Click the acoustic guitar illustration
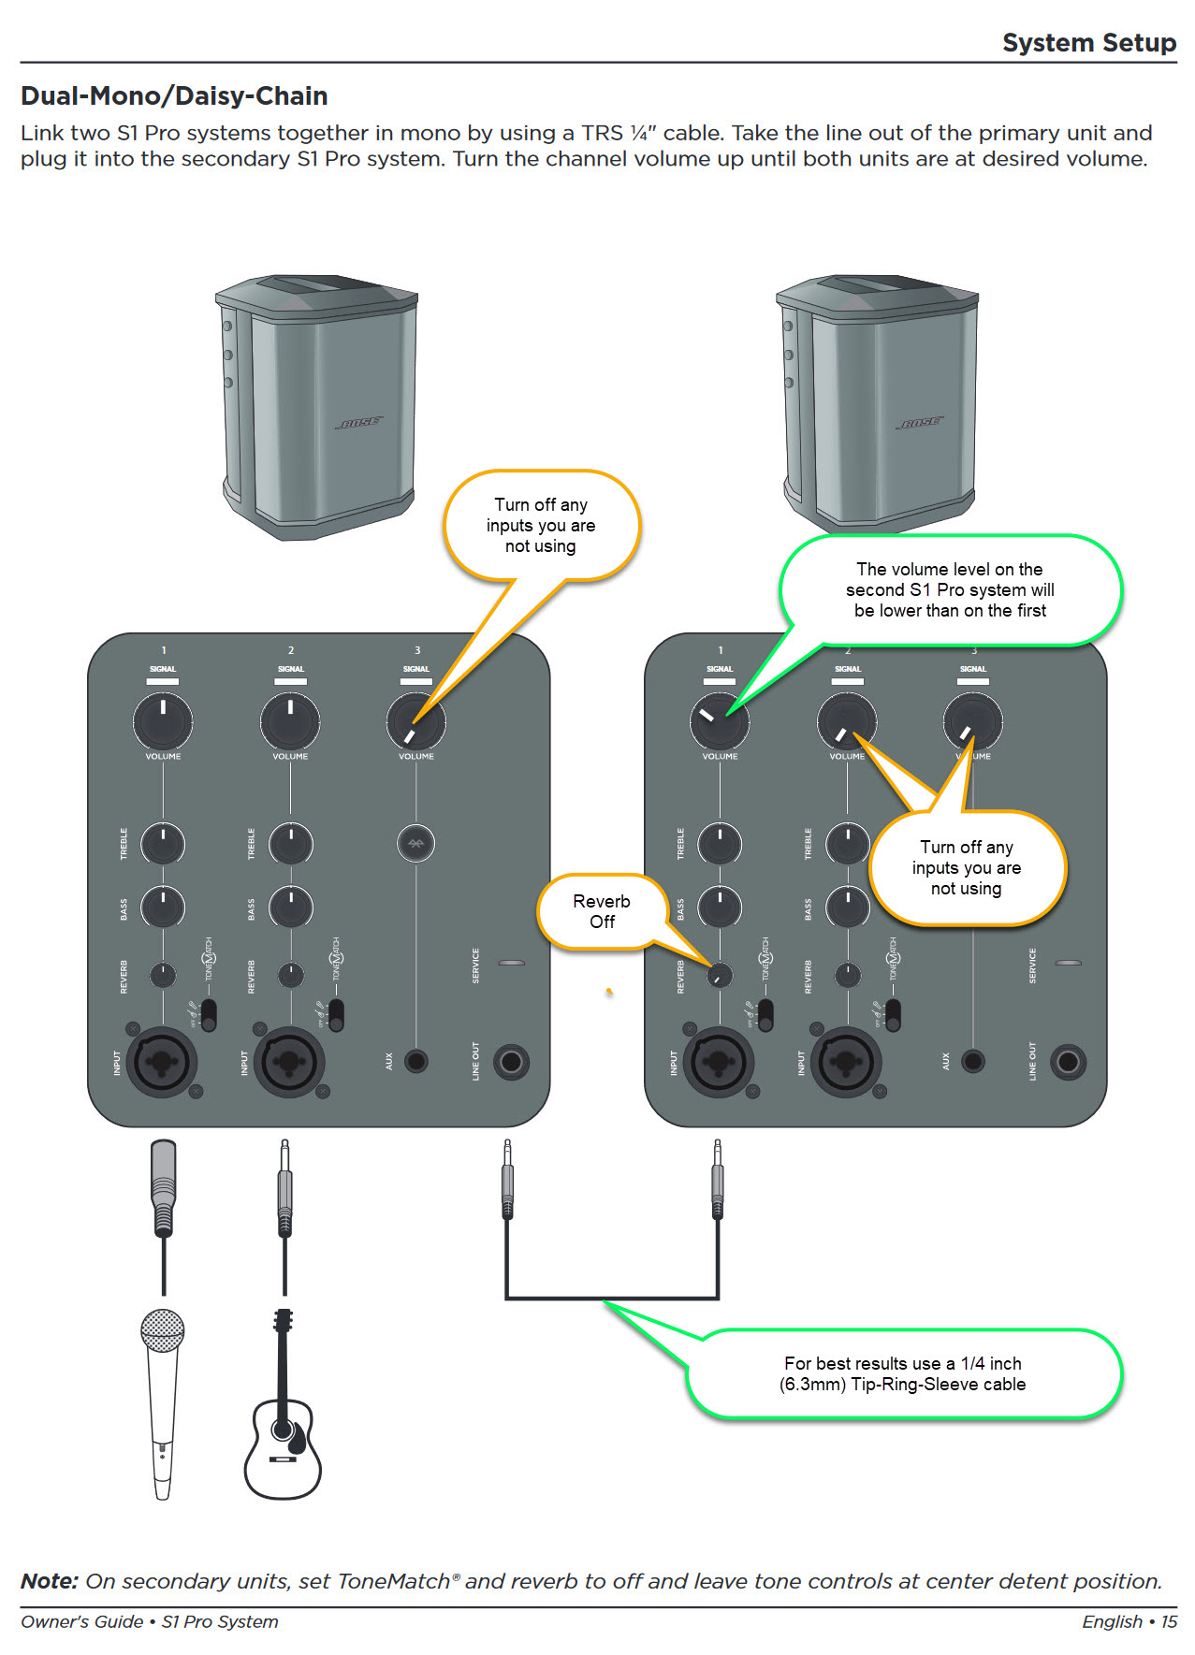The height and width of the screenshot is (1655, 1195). [x=283, y=1422]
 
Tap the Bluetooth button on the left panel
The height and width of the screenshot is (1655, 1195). [x=416, y=843]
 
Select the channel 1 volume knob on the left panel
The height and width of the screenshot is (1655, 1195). [x=163, y=721]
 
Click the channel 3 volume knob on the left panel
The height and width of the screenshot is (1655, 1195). [x=415, y=721]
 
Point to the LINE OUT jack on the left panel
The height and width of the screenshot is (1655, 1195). [x=511, y=1061]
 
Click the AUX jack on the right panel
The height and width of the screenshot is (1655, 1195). [x=973, y=1061]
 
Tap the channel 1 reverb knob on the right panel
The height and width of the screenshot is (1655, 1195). [x=719, y=975]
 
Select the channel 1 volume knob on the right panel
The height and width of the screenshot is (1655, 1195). [x=719, y=721]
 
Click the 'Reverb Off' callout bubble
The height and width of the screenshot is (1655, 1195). [x=602, y=911]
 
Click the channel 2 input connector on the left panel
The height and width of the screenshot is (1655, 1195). [x=290, y=1062]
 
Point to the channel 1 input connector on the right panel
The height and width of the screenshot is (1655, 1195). [x=719, y=1062]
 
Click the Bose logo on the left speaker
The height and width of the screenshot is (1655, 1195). [x=359, y=423]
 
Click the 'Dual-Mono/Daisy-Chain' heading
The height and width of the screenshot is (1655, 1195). [x=174, y=96]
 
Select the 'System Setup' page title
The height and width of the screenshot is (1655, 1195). [x=1088, y=43]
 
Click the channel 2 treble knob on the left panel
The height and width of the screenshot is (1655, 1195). [x=290, y=843]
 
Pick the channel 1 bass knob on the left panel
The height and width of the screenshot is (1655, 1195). [x=163, y=907]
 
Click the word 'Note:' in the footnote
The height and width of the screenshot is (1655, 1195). [x=50, y=1581]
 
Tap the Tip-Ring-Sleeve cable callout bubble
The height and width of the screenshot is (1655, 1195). [x=903, y=1373]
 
